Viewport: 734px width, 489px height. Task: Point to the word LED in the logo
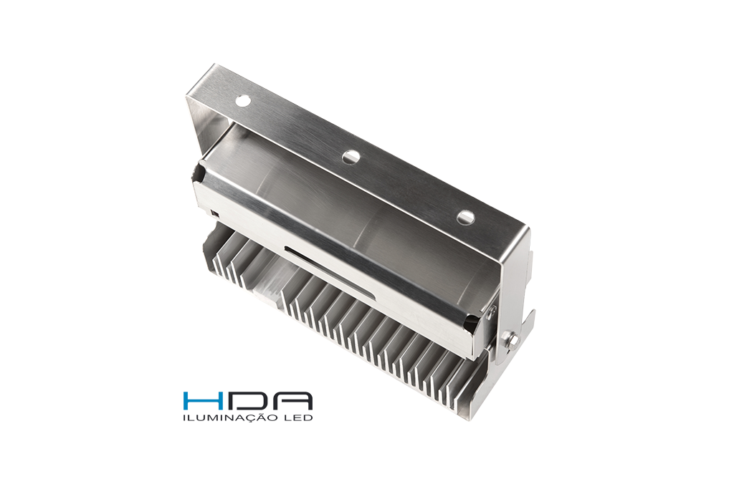coord(298,417)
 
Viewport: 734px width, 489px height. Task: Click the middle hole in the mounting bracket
coord(350,157)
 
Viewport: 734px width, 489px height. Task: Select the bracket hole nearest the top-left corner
coord(242,100)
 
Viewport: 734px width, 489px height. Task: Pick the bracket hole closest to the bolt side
coord(466,216)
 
